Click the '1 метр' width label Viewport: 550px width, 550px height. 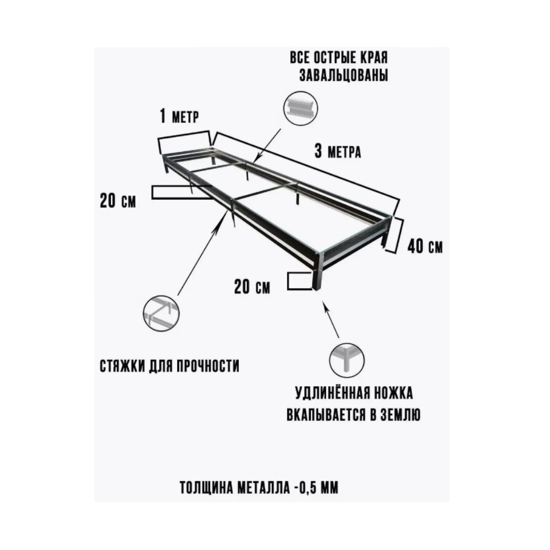coord(179,116)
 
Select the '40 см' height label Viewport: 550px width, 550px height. coord(425,247)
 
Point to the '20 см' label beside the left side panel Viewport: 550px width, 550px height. coord(118,201)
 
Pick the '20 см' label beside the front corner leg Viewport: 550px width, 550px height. coord(252,287)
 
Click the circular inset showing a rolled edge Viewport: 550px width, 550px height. coord(300,108)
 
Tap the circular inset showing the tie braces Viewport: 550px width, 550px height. coord(161,313)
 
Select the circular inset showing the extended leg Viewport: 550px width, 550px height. coord(347,361)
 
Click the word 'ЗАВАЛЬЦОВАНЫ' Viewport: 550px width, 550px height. coord(343,76)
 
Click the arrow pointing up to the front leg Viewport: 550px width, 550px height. coord(331,319)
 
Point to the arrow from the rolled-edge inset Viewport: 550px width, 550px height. coord(268,144)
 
